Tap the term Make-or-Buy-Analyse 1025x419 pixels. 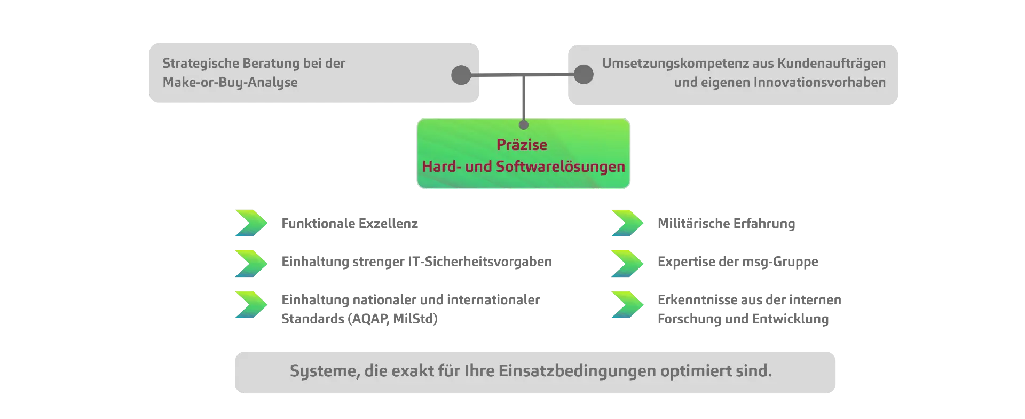coord(230,83)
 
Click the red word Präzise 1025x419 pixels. coord(522,145)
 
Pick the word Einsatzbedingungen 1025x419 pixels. coord(577,371)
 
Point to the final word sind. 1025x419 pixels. coord(756,371)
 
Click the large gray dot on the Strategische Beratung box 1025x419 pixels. coord(461,75)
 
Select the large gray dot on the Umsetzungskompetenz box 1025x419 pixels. coord(584,75)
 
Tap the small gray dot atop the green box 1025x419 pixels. coord(524,125)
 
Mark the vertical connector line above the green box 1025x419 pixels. coord(524,99)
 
